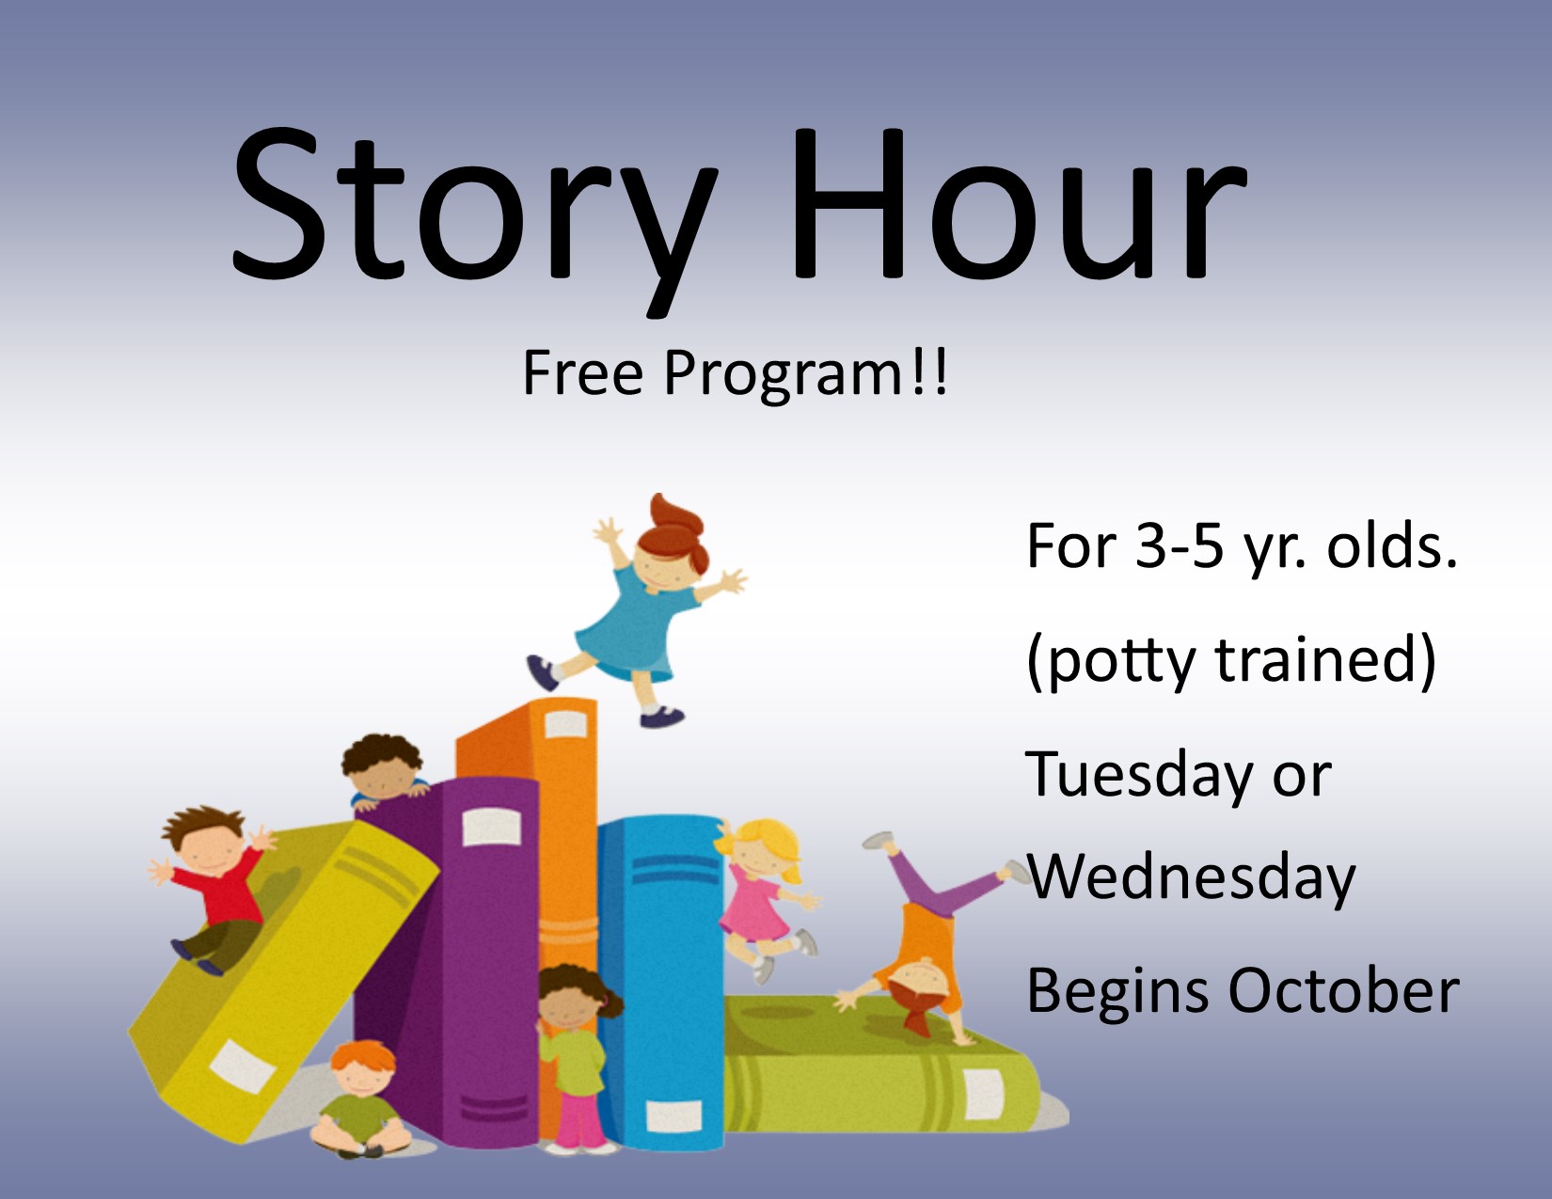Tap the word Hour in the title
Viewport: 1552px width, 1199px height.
[x=1020, y=205]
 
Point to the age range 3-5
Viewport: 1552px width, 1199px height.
[x=1180, y=547]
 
